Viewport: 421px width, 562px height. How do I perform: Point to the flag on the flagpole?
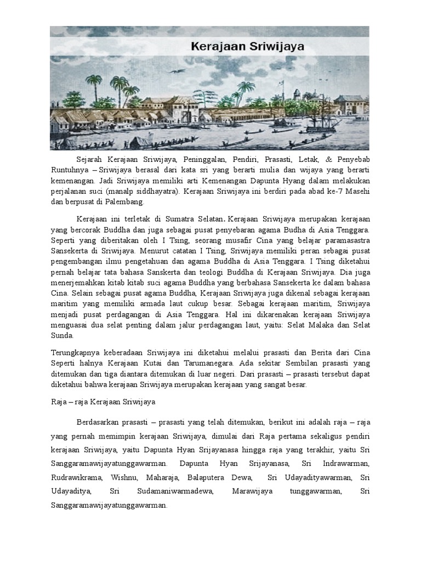282,84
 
